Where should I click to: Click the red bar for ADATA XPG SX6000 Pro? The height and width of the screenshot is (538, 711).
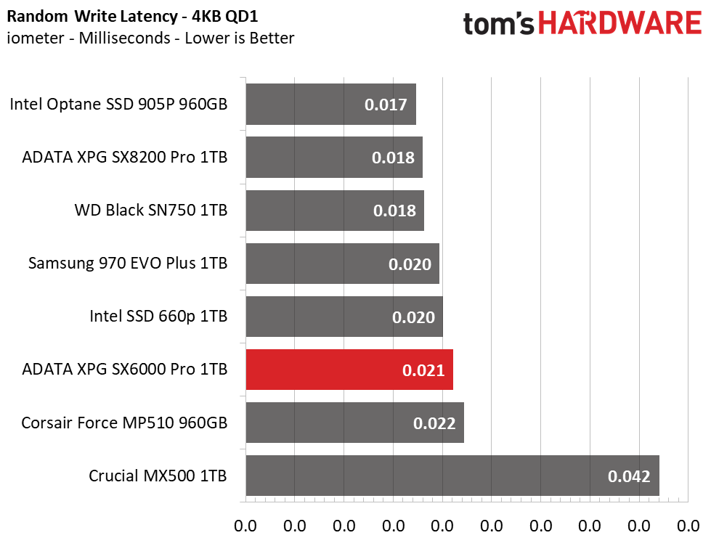click(x=349, y=370)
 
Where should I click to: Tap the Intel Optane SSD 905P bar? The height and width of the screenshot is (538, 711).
click(x=330, y=104)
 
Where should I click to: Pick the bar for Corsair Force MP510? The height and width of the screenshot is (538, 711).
click(x=354, y=423)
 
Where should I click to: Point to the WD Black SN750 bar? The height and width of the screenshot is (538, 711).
click(x=334, y=211)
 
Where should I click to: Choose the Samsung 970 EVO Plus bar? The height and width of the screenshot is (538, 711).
click(x=342, y=264)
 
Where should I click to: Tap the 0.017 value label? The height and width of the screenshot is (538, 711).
click(x=385, y=105)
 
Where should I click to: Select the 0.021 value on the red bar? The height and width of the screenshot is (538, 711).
click(x=423, y=370)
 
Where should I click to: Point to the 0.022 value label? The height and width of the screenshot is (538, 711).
click(x=434, y=423)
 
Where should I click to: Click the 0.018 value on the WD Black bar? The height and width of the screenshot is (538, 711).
click(x=394, y=211)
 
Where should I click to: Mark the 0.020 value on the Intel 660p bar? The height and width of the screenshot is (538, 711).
click(x=413, y=317)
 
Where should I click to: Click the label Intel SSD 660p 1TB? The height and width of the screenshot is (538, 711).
click(x=158, y=317)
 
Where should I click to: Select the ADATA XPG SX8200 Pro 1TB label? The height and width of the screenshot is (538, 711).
click(x=125, y=157)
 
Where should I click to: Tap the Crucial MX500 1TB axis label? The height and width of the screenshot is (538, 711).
click(x=158, y=476)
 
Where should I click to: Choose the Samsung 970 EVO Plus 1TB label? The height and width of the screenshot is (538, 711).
click(x=128, y=263)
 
